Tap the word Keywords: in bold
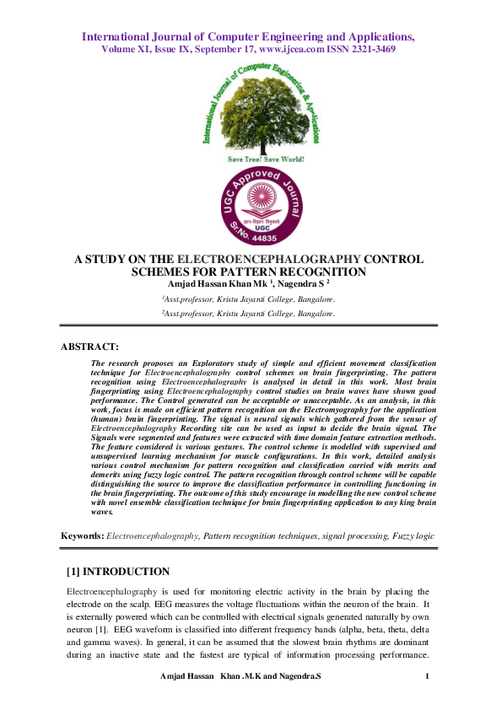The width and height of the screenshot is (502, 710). coord(83,535)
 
